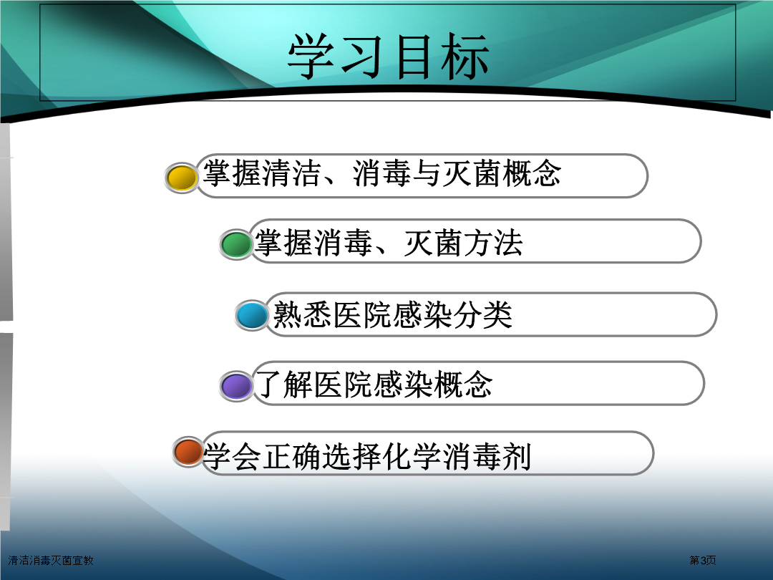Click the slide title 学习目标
click(388, 57)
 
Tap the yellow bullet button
click(181, 178)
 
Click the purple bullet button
click(237, 385)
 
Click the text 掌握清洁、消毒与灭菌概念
click(382, 173)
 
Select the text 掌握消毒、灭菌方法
click(389, 243)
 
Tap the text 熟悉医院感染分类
click(392, 314)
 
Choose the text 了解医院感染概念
click(374, 385)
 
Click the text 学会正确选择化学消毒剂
click(367, 456)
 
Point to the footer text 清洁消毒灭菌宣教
click(51, 560)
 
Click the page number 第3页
click(703, 560)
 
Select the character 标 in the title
click(465, 57)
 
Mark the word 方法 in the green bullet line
click(493, 243)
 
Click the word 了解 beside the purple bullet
click(284, 385)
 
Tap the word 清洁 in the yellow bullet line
click(292, 173)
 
